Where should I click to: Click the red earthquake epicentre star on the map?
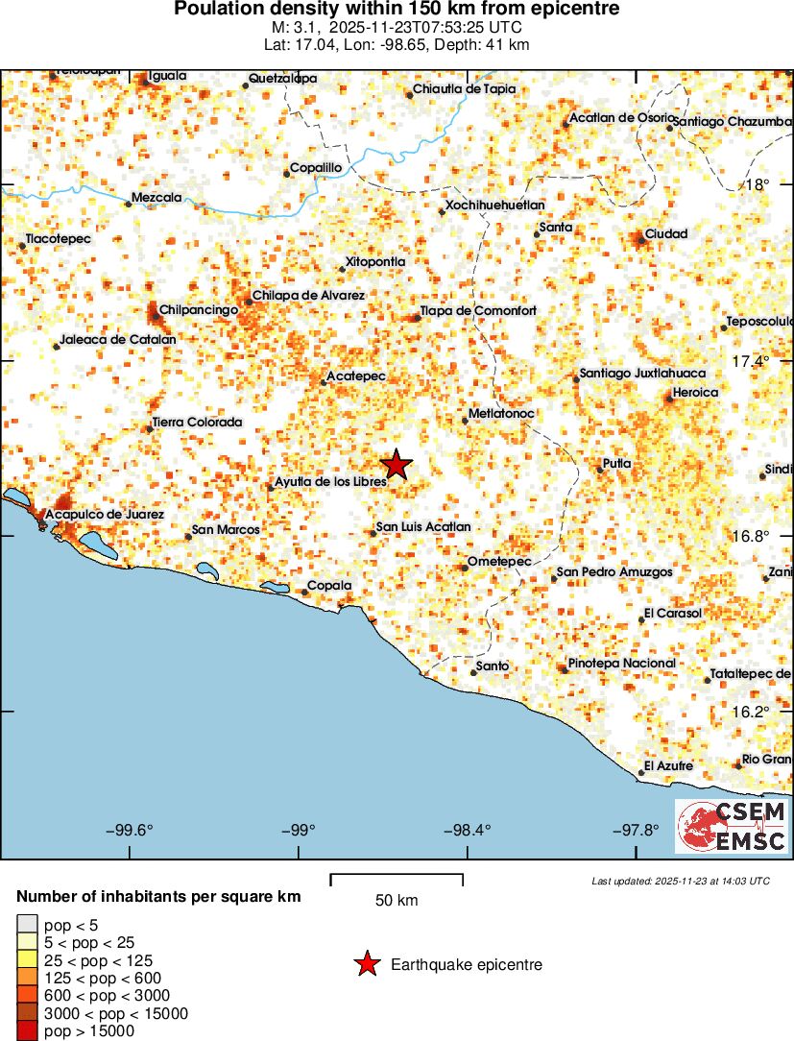(x=397, y=465)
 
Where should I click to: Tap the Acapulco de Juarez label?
(x=105, y=515)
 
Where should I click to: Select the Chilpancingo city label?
(x=198, y=309)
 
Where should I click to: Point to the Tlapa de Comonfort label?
(x=477, y=310)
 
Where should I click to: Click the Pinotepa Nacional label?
(x=621, y=663)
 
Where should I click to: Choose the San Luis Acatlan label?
(x=422, y=526)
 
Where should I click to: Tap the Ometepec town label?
(x=492, y=561)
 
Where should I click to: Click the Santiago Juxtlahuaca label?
(x=642, y=373)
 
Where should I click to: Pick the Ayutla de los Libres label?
(x=330, y=481)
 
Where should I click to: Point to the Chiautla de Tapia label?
(x=464, y=88)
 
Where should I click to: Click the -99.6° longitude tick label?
(x=132, y=831)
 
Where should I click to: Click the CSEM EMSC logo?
(x=733, y=827)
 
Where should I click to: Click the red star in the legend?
(x=366, y=964)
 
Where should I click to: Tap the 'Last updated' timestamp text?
(x=680, y=881)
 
